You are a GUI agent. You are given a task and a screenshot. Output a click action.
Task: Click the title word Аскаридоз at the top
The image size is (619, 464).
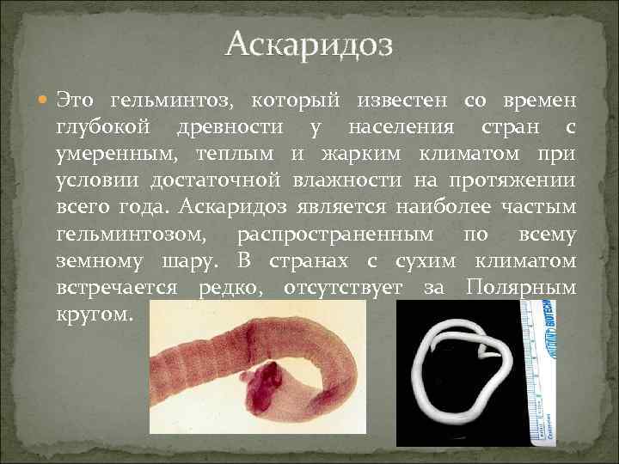[x=309, y=44]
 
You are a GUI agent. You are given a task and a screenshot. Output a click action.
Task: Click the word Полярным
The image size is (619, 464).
[x=521, y=289]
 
